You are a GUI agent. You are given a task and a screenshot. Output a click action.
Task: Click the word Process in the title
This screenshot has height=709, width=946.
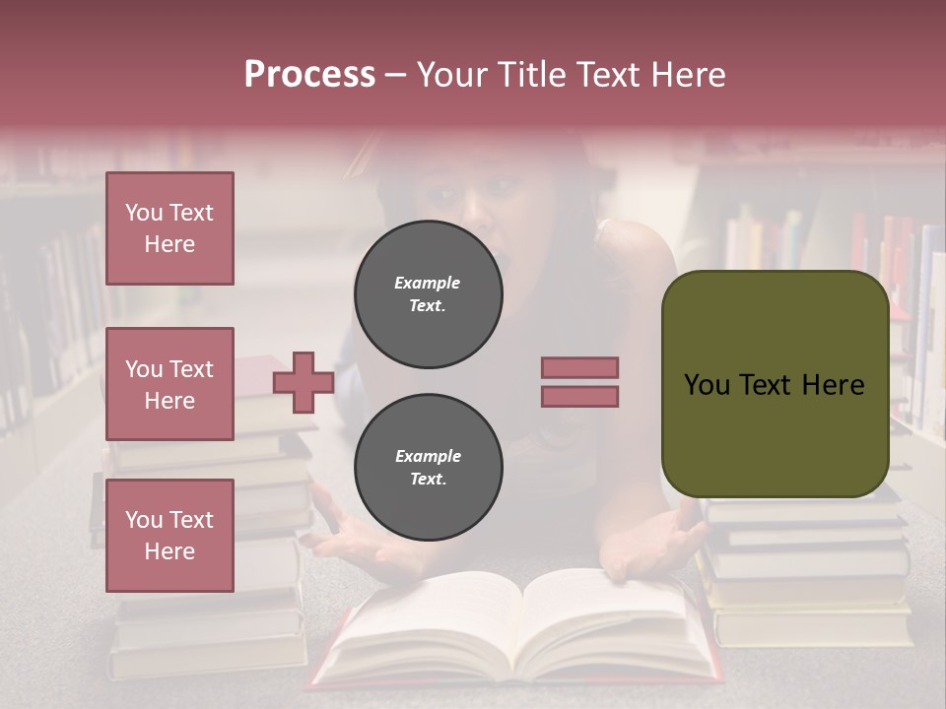pyautogui.click(x=309, y=75)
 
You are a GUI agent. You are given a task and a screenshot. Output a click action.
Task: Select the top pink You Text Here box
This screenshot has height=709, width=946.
pyautogui.click(x=169, y=228)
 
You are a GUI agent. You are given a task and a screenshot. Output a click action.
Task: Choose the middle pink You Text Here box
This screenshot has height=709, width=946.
pyautogui.click(x=169, y=384)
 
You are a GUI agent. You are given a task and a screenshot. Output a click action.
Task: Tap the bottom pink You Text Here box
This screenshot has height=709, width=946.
pyautogui.click(x=169, y=536)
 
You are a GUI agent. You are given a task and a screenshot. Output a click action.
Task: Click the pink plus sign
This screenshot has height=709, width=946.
pyautogui.click(x=304, y=383)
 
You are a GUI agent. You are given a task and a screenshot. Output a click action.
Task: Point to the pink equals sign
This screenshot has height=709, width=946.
pyautogui.click(x=579, y=382)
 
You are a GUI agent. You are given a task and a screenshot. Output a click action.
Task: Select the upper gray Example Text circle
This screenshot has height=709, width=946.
pyautogui.click(x=428, y=294)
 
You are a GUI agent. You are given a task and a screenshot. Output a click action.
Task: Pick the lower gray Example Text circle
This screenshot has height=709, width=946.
pyautogui.click(x=428, y=468)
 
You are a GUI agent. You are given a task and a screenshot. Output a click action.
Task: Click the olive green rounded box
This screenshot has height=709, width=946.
pyautogui.click(x=775, y=384)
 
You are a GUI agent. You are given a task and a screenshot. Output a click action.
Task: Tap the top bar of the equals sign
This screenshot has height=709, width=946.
pyautogui.click(x=579, y=368)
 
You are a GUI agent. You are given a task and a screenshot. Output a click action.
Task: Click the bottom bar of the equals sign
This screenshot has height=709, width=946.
pyautogui.click(x=579, y=396)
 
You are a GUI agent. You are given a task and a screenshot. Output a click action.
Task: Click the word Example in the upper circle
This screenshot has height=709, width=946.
pyautogui.click(x=427, y=283)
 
